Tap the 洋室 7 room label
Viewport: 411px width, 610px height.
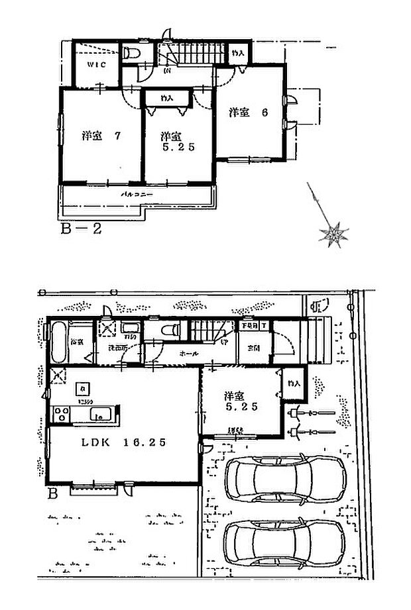[x=101, y=136]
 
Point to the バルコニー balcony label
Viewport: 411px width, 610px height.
[x=137, y=195]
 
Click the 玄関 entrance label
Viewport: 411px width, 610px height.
[x=253, y=348]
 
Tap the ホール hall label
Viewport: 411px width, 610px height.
[x=188, y=354]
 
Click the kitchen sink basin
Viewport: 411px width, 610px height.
[x=100, y=415]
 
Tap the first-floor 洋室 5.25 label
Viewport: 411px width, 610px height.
[x=240, y=401]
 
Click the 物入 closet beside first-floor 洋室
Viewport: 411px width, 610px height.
[x=294, y=383]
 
